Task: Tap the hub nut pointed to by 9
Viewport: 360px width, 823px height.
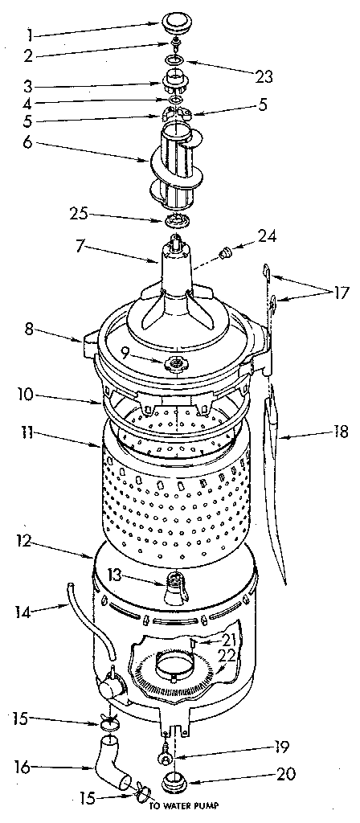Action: point(175,365)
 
